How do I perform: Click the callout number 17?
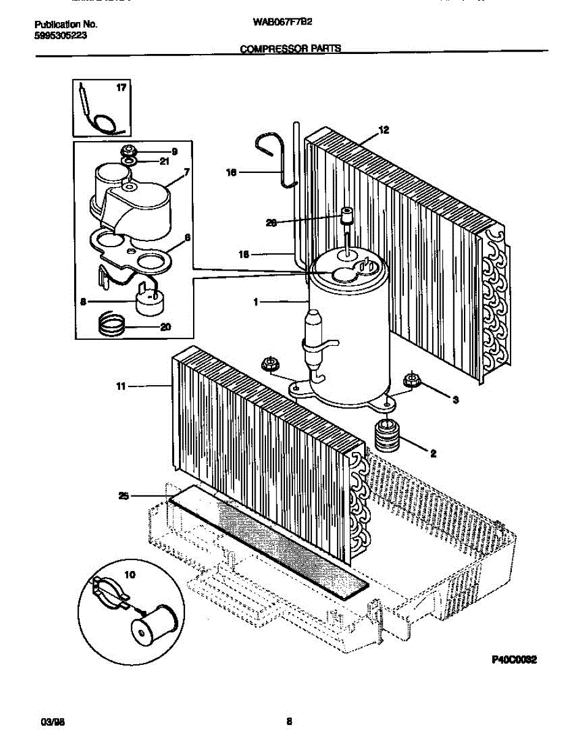tap(121, 88)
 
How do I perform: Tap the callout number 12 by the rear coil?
tap(384, 130)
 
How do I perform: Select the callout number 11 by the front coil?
tap(121, 386)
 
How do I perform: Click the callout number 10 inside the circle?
tap(129, 575)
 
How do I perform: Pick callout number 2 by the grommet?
tap(433, 454)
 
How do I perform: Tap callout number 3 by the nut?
tap(455, 400)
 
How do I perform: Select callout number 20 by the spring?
tap(165, 327)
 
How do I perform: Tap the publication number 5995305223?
tap(60, 35)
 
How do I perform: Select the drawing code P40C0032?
tap(514, 660)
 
